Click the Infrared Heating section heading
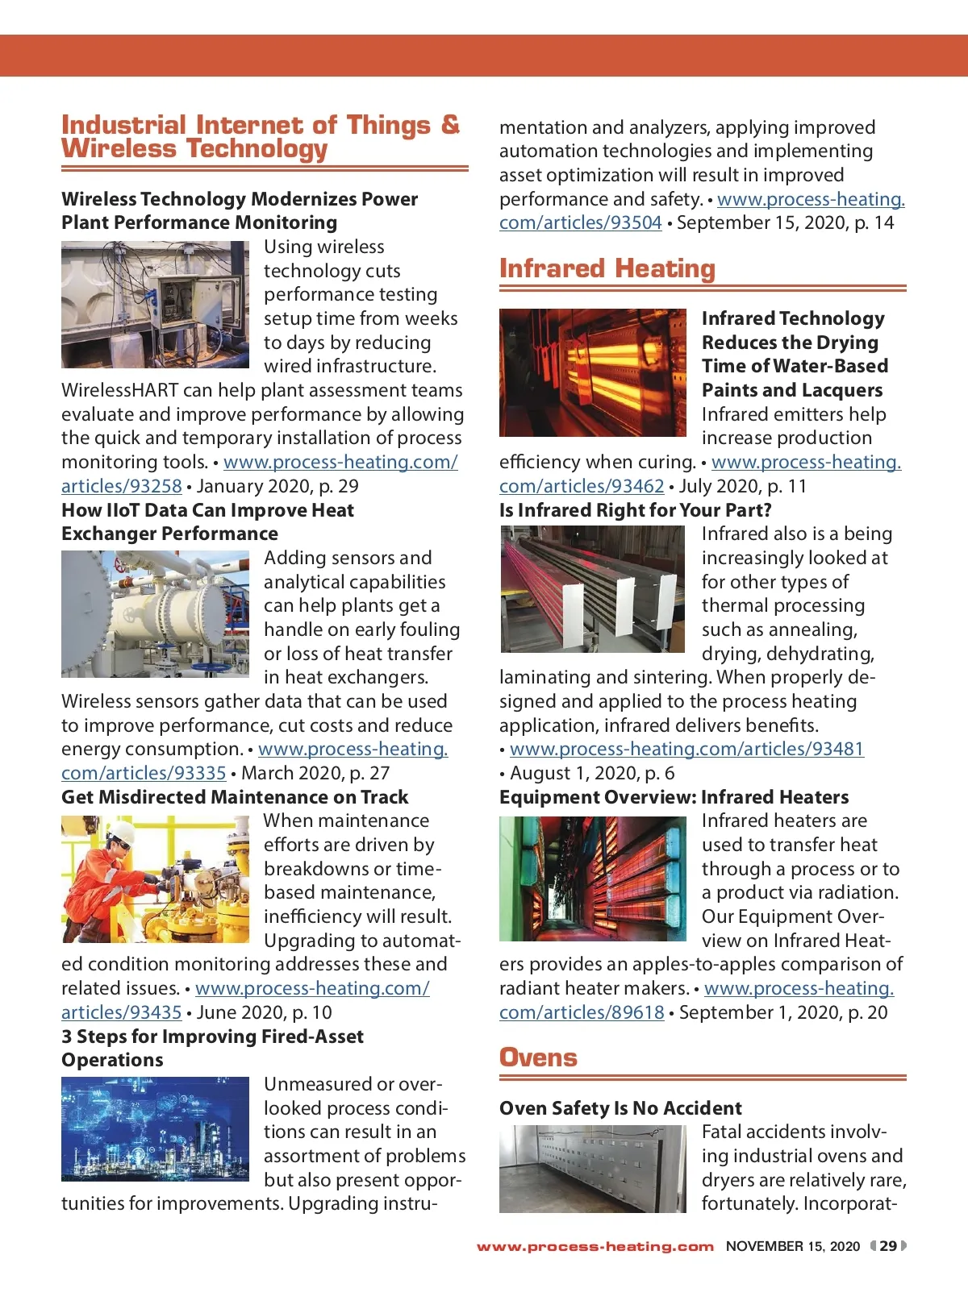coord(607,268)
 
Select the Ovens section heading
coord(538,1057)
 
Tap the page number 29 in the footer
coord(887,1246)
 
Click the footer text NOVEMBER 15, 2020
coord(792,1246)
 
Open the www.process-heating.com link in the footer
coord(595,1247)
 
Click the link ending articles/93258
coord(122,486)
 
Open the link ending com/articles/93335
coord(144,773)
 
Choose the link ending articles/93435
coord(122,1012)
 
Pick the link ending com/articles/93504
coord(580,222)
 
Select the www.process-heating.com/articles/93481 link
coord(686,749)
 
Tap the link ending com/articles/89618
coord(582,1012)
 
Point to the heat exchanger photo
coord(155,614)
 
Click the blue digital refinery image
coord(155,1129)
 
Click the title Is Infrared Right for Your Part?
coord(636,510)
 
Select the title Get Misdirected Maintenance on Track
coord(235,797)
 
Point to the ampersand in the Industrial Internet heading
coord(450,125)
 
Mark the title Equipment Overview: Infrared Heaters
coord(674,797)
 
